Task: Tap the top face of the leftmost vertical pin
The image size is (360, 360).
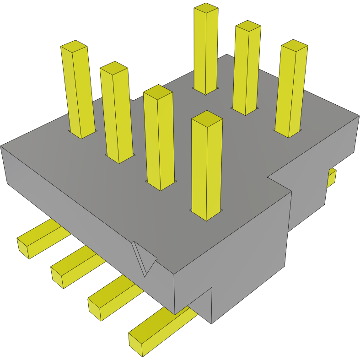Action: point(74,46)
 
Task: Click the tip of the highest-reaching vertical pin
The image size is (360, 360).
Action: point(205,8)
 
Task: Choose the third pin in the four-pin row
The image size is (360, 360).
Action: point(159,137)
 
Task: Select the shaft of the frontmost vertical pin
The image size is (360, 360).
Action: point(207,169)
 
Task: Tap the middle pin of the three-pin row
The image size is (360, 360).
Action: point(246,69)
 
